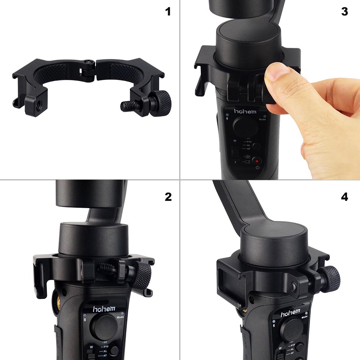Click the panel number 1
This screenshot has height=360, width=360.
click(x=168, y=12)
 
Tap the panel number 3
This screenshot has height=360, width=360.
click(x=345, y=12)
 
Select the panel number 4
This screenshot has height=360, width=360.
click(x=345, y=197)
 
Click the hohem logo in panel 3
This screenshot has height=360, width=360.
click(x=246, y=112)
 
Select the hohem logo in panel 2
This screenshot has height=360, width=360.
click(x=104, y=309)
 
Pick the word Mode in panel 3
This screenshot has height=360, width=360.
click(x=262, y=119)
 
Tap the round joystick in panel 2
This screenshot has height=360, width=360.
click(x=103, y=325)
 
